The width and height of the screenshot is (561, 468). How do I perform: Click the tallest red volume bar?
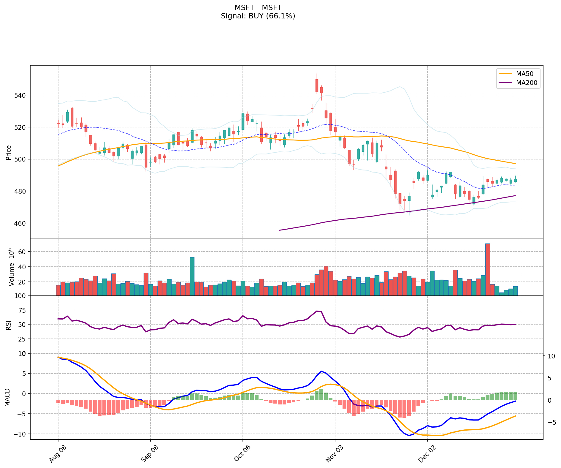pyautogui.click(x=487, y=269)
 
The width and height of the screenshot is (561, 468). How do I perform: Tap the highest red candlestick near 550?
pyautogui.click(x=317, y=86)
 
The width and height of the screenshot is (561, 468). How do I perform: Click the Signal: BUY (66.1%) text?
pyautogui.click(x=258, y=16)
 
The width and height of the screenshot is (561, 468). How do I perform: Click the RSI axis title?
pyautogui.click(x=9, y=325)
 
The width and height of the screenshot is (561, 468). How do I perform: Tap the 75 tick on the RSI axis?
pyautogui.click(x=22, y=310)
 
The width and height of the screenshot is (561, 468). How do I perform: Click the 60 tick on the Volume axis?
pyautogui.click(x=22, y=252)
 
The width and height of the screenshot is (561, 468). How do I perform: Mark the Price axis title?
pyautogui.click(x=9, y=152)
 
